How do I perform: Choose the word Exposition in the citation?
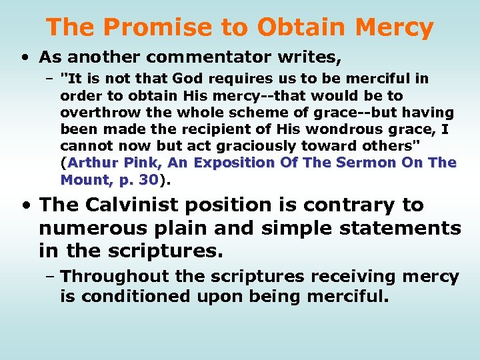pyautogui.click(x=230, y=163)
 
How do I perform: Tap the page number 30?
pyautogui.click(x=149, y=179)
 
